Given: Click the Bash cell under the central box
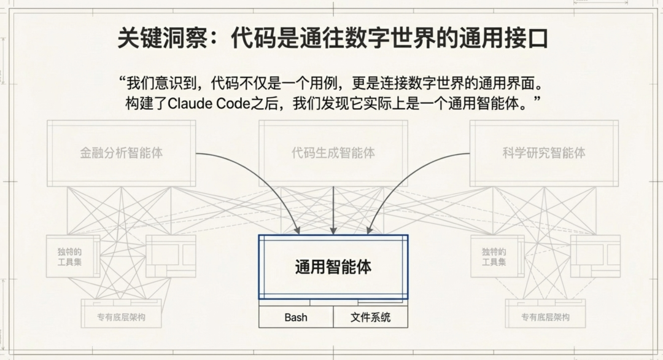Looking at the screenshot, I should tap(296, 318).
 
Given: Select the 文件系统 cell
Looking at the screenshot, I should tap(370, 318).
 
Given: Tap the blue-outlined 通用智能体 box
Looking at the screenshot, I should tap(333, 267).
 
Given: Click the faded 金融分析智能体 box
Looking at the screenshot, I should tap(122, 153).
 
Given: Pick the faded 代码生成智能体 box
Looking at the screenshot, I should tap(333, 153).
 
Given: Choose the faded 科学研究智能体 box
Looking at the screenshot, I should tap(544, 153).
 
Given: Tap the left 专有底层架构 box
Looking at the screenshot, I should tap(121, 317).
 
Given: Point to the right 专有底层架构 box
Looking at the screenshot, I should tap(545, 317).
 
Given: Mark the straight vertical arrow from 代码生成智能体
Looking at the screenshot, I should tap(333, 209).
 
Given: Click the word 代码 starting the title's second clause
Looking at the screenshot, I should tap(251, 39).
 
